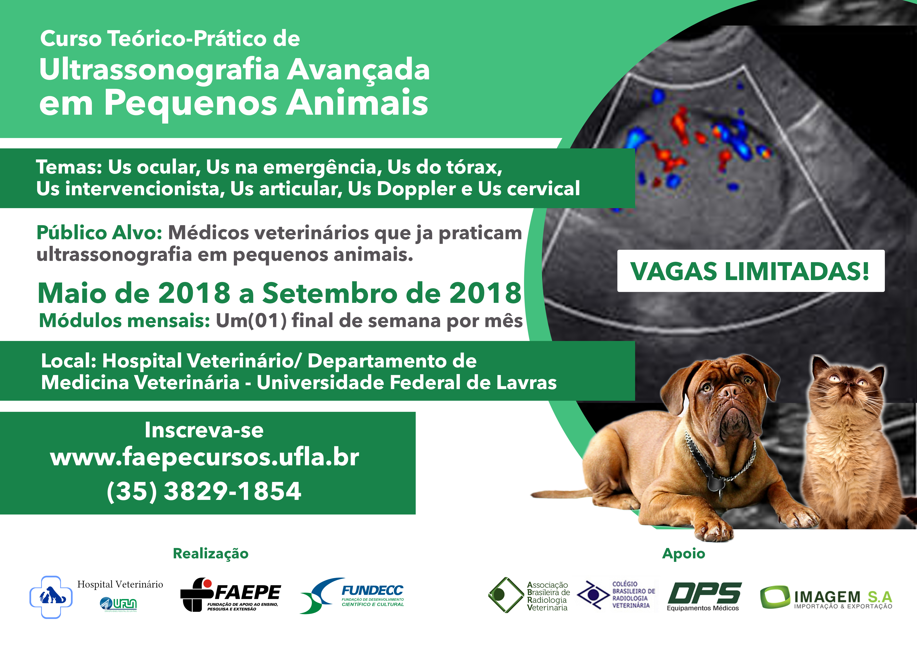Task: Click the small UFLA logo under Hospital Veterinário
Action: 119,604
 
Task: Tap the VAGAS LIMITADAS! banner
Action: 751,271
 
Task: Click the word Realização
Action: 211,554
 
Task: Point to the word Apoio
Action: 684,554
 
